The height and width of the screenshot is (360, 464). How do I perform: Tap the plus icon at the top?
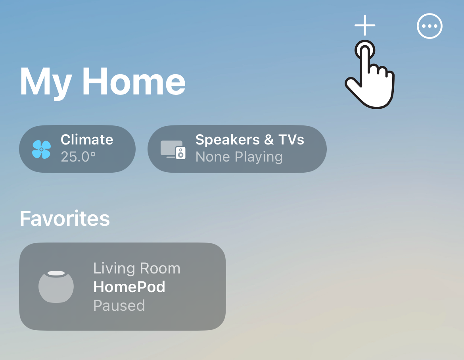pos(365,25)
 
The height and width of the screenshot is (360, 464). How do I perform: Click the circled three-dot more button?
pos(429,26)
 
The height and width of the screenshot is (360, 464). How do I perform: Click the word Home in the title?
pos(134,81)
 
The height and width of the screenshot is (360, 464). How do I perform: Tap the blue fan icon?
pos(41,149)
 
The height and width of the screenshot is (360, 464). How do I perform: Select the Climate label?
pos(87,139)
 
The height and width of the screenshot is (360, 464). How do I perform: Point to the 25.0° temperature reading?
pos(78,157)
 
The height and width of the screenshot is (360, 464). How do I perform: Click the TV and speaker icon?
pos(173,150)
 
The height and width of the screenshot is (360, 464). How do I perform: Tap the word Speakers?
pos(227,140)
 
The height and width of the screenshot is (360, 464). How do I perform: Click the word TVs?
pos(291,139)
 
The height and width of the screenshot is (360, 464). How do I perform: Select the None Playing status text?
pos(239,157)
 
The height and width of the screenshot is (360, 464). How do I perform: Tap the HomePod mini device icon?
pos(56,287)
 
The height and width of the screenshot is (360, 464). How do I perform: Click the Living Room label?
pos(137,268)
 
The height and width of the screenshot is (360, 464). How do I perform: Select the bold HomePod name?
pos(129,287)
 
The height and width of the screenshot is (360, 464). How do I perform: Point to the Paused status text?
pos(119,305)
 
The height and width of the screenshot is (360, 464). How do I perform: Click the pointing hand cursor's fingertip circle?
pos(365,50)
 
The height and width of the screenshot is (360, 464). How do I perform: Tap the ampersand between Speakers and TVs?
pos(269,140)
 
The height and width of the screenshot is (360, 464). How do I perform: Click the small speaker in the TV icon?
pos(180,153)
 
